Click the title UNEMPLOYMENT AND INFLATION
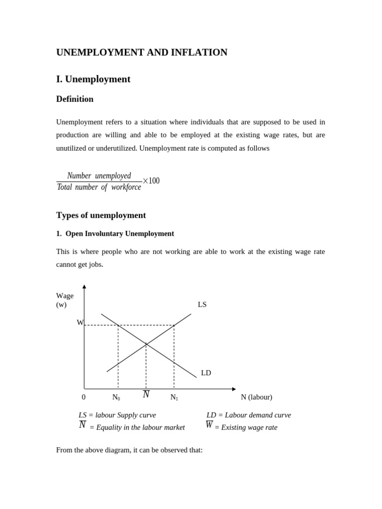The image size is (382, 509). [142, 52]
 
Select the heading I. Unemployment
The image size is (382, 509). [93, 79]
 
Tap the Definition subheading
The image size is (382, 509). [75, 99]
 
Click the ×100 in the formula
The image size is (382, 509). [151, 181]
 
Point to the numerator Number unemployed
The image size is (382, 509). [99, 176]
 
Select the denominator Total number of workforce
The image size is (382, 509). [99, 187]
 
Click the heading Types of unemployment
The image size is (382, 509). [101, 215]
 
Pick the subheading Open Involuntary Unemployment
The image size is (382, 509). [119, 234]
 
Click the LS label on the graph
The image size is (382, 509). [202, 304]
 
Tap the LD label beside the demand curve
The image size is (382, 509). [206, 373]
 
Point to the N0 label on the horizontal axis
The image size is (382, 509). [116, 397]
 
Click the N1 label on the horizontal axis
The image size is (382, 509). [174, 397]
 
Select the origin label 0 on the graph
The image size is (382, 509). [84, 397]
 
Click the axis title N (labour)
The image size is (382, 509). [256, 397]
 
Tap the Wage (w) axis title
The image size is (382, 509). [65, 300]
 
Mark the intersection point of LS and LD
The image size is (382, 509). [146, 343]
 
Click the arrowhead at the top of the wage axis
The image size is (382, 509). [84, 287]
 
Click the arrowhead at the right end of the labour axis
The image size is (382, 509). [234, 389]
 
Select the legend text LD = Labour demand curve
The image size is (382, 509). [249, 415]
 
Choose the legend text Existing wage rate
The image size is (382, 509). [246, 427]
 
